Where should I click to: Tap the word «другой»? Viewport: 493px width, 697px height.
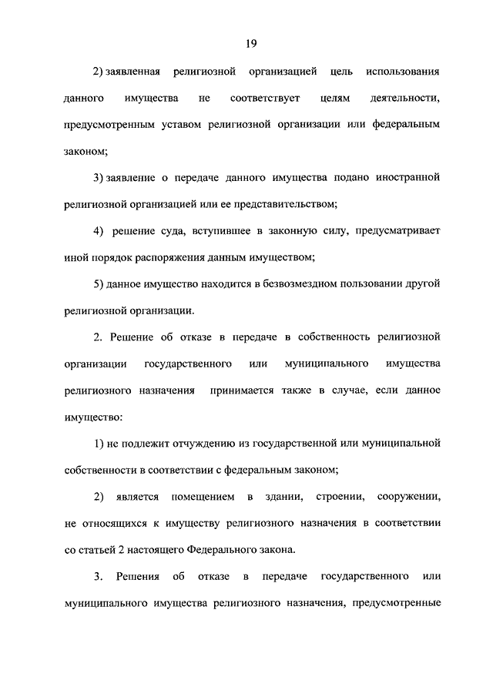[x=421, y=283]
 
